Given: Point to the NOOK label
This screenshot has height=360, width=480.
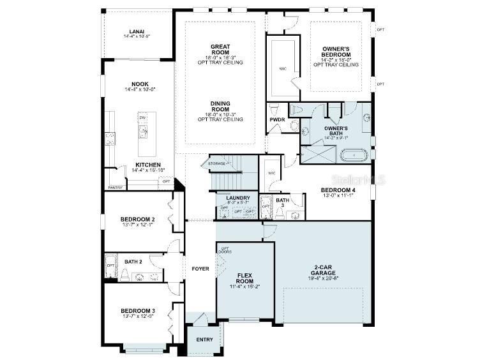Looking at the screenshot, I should [140, 84].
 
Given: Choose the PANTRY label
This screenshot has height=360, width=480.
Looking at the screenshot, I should [115, 188].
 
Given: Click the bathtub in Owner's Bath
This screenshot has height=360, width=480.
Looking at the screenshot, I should [353, 154].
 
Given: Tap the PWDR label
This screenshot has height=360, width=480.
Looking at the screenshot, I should [277, 119].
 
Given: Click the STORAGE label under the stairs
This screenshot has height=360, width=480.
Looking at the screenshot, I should [216, 164].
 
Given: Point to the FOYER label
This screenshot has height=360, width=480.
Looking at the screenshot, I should [200, 269].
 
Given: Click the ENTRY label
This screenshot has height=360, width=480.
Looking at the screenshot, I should [205, 340].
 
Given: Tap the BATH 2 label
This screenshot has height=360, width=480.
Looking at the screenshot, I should [133, 262].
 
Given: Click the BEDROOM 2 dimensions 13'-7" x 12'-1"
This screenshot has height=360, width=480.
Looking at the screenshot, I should [138, 225].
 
